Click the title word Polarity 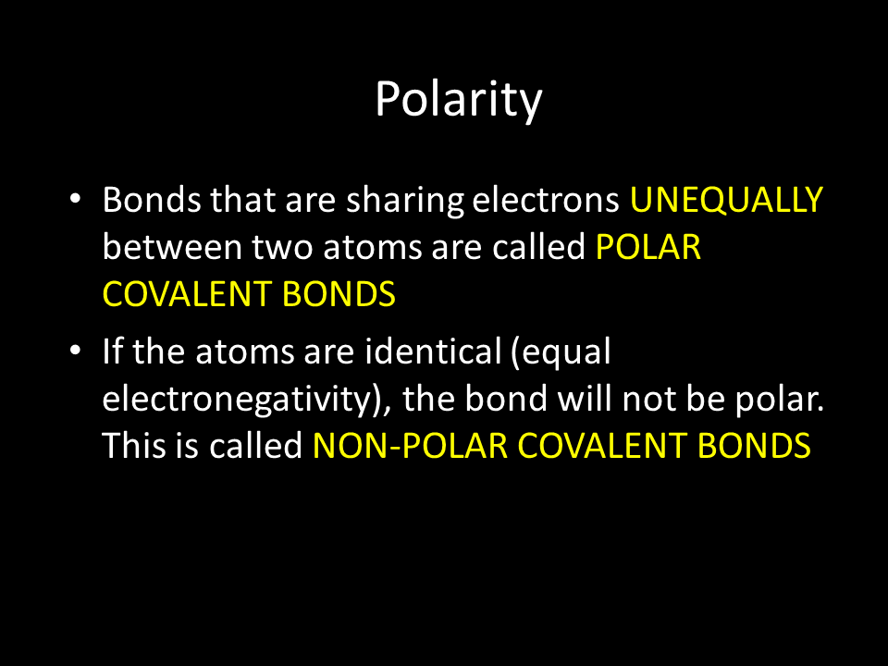[x=459, y=101]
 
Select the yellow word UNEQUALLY [x=727, y=200]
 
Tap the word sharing [x=405, y=202]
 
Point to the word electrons [x=546, y=200]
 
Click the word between [x=172, y=248]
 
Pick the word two [x=282, y=249]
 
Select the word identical [x=433, y=351]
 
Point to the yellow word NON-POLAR [x=410, y=446]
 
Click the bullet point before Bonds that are [x=75, y=199]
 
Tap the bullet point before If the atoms [x=75, y=351]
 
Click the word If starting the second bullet [x=113, y=351]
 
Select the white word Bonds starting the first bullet [x=152, y=200]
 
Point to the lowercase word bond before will [x=506, y=398]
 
